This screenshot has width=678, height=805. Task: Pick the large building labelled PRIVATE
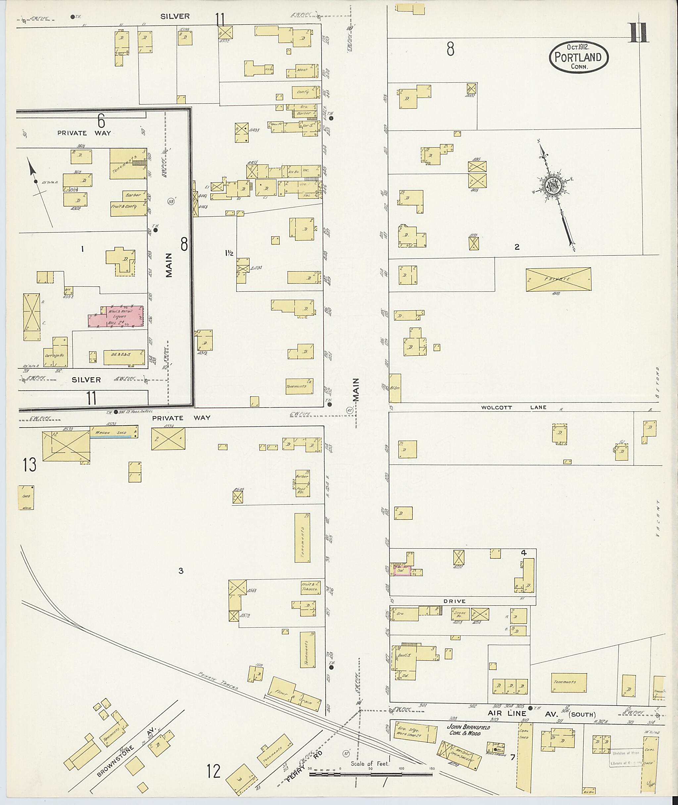558,279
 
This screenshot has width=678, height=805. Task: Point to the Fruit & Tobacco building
311,587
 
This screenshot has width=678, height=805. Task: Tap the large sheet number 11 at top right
639,33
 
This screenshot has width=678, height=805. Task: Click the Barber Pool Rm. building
303,483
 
